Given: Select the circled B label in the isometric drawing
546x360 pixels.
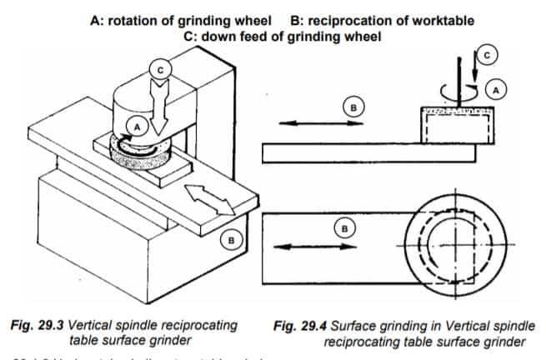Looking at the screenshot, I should click(233, 240).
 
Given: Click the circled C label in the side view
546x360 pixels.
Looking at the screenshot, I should click(488, 53).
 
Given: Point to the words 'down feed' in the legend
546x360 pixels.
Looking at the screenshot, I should click(236, 36).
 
